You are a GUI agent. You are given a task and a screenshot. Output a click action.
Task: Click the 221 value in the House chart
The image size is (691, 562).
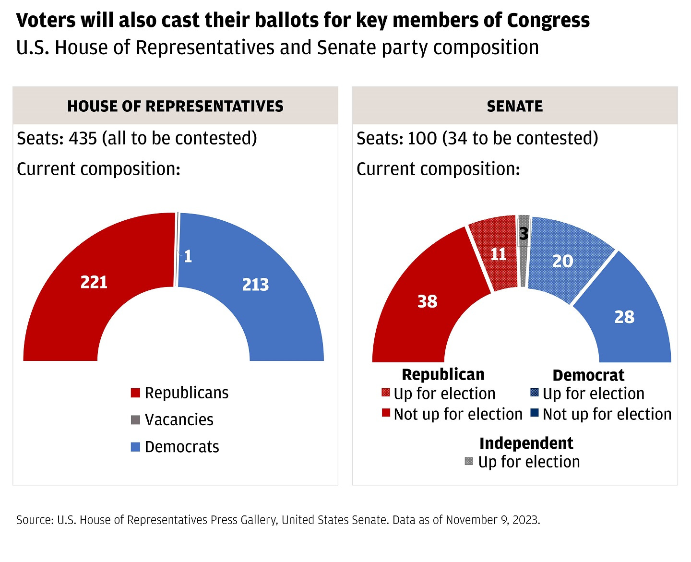click(94, 282)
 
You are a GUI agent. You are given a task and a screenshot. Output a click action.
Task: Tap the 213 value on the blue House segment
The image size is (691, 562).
click(255, 285)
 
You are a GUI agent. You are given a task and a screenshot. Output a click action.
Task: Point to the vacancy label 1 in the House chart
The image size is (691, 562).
click(188, 256)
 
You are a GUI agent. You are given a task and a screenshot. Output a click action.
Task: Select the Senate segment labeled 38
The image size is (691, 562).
click(427, 301)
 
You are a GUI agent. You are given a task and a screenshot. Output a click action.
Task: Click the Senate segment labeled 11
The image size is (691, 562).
click(498, 254)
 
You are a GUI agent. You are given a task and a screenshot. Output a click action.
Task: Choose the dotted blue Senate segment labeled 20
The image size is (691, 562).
click(562, 261)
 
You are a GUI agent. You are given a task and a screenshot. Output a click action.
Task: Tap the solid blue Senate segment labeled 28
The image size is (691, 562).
click(624, 317)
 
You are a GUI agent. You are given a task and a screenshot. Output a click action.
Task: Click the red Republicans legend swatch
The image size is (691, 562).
click(135, 393)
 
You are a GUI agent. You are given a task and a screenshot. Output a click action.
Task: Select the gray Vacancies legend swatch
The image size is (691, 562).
click(135, 420)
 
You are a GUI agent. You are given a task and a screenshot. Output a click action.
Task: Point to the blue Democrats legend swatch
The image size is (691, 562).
click(135, 447)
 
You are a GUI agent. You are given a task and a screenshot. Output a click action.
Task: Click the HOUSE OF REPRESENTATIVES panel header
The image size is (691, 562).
click(175, 106)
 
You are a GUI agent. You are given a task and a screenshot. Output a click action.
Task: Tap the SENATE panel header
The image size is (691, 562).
click(515, 106)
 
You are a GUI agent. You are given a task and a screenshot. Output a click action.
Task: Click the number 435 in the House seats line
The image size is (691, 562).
click(83, 138)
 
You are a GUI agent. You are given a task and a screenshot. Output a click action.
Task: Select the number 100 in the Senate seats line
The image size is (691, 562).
click(422, 138)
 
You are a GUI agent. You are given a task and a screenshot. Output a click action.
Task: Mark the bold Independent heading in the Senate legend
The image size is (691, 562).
click(526, 443)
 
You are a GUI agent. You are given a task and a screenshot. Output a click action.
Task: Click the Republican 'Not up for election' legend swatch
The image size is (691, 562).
click(386, 413)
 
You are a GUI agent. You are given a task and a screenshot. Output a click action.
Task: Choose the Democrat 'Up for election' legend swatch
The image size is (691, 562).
click(535, 393)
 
